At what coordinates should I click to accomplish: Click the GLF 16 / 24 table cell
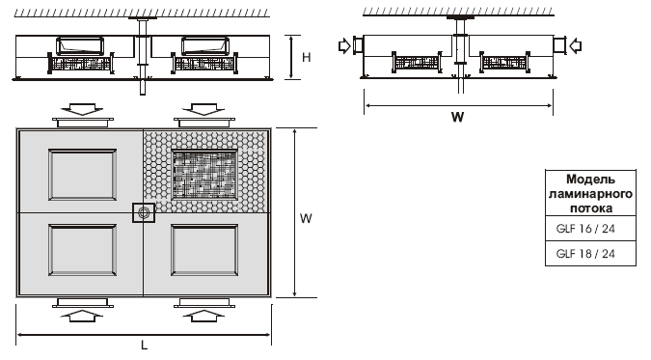coord(590,228)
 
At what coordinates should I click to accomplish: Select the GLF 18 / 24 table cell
coord(590,254)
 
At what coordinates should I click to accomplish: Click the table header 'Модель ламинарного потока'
coord(590,193)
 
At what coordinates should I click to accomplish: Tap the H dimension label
coord(307,57)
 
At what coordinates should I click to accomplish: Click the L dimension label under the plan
coord(144,345)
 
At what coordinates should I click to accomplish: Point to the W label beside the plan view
coord(306,218)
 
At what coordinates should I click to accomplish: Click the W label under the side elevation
coord(457,117)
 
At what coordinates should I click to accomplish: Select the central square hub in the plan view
coord(144,213)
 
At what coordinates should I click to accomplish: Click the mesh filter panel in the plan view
coord(203,175)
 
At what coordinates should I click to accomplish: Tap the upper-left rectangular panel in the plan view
coord(82,175)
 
